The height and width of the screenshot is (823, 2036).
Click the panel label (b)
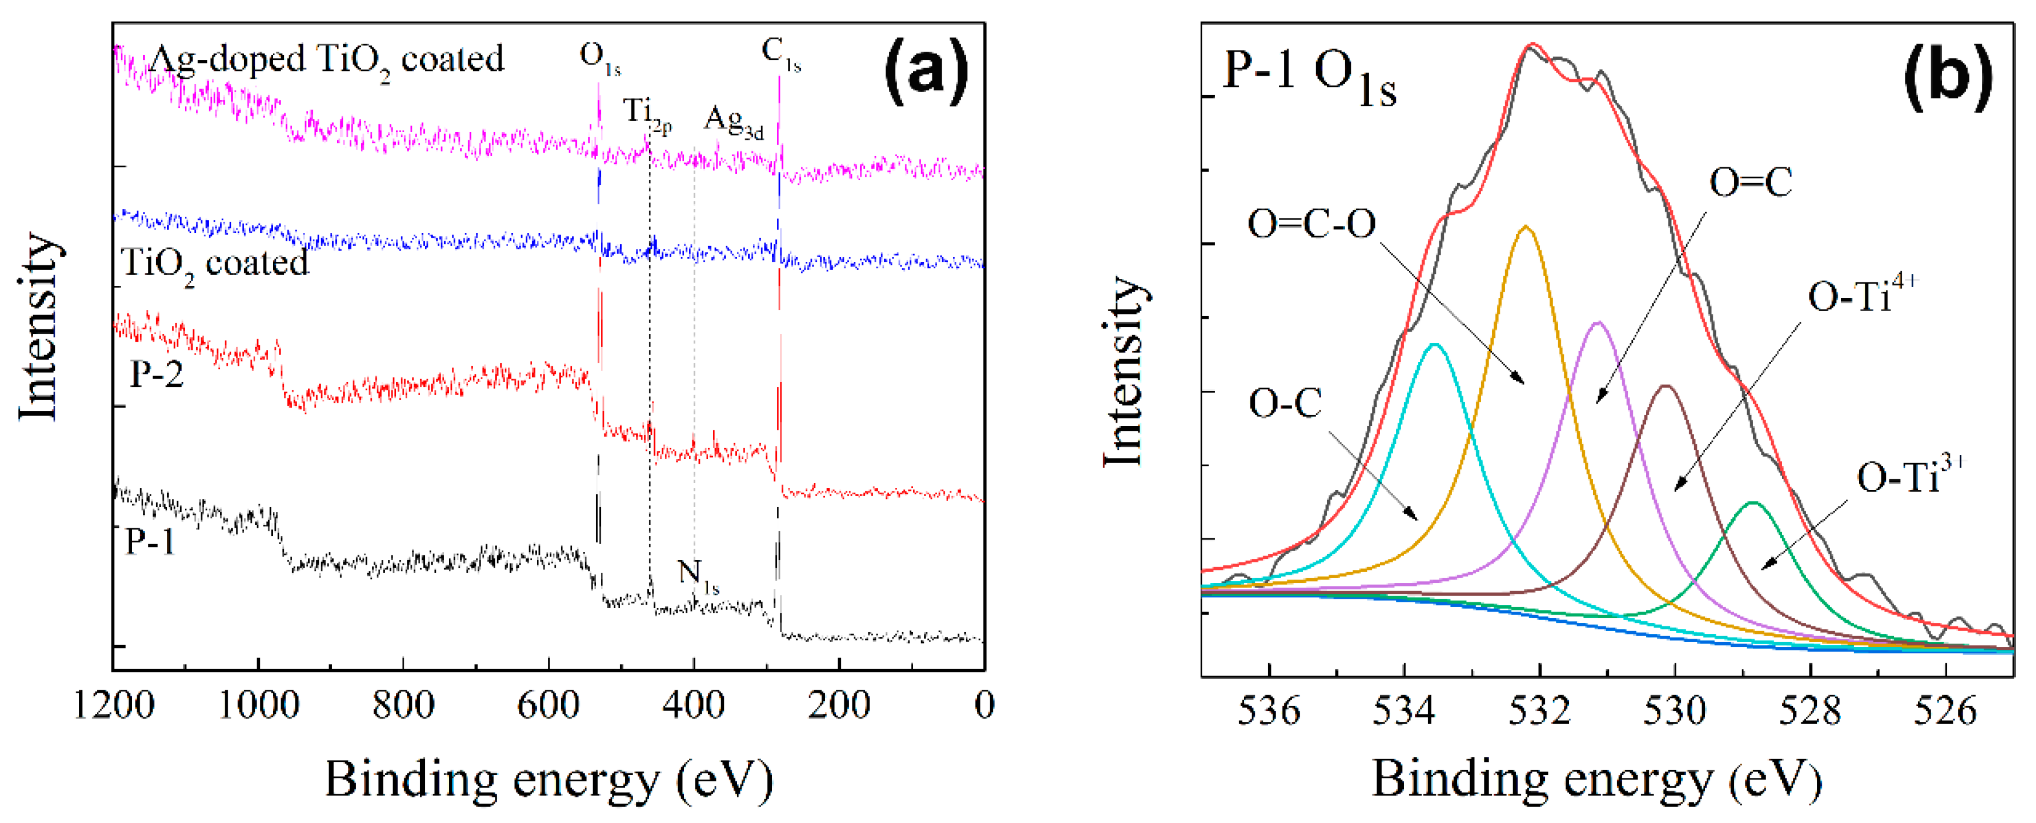(1946, 77)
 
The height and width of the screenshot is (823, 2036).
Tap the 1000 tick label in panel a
(258, 704)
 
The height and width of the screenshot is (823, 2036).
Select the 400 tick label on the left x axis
(693, 704)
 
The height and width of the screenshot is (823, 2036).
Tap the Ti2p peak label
(647, 114)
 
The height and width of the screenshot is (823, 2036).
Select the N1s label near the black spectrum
(698, 575)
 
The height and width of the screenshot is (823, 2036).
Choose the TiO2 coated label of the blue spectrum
(215, 263)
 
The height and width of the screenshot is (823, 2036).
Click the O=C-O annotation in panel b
(1311, 224)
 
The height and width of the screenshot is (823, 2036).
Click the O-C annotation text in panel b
(1285, 404)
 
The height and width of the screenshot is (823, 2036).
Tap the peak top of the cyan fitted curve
(1435, 345)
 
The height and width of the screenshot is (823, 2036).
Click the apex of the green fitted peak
(1752, 503)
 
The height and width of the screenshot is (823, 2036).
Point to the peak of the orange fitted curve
(1526, 227)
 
